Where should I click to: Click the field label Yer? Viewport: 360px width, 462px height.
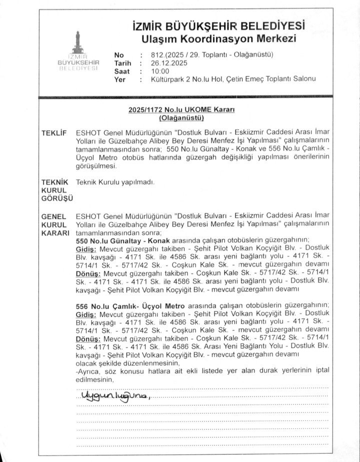pos(119,79)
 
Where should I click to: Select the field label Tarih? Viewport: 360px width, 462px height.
pos(122,63)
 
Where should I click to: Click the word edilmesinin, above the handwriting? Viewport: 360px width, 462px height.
pos(94,379)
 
